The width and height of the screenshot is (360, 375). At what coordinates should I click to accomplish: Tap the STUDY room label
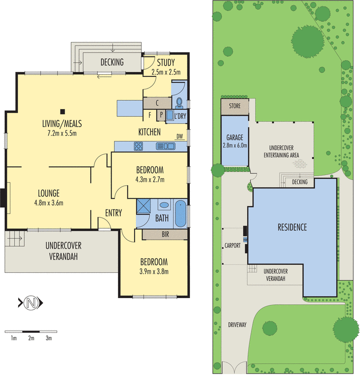(166, 63)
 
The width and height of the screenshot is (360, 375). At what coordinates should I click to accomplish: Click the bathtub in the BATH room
(180, 213)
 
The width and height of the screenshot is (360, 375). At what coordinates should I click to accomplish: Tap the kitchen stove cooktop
(139, 146)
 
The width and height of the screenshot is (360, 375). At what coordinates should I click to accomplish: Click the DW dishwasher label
(180, 137)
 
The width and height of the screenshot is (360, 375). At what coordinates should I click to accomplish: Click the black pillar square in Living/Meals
(62, 112)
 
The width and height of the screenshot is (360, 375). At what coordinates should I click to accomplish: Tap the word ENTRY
(113, 213)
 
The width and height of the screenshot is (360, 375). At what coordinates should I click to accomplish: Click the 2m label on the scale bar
(31, 338)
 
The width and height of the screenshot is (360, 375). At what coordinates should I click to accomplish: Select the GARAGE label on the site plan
(235, 138)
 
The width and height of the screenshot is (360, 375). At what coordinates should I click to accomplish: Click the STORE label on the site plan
(235, 106)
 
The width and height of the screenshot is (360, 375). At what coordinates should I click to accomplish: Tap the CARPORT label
(232, 246)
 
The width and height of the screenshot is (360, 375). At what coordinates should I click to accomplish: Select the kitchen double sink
(165, 146)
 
